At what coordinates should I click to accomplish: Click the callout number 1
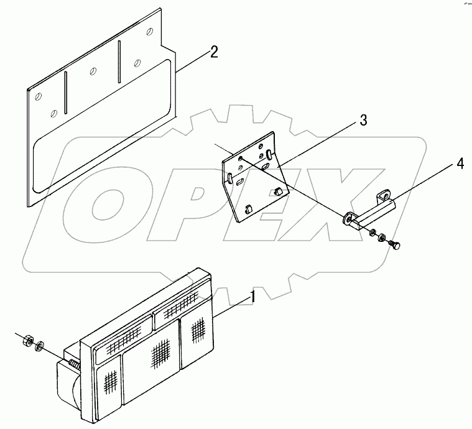coord(252,297)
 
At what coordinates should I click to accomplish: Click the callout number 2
coord(213,52)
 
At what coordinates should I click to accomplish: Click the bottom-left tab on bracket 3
coord(249,209)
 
